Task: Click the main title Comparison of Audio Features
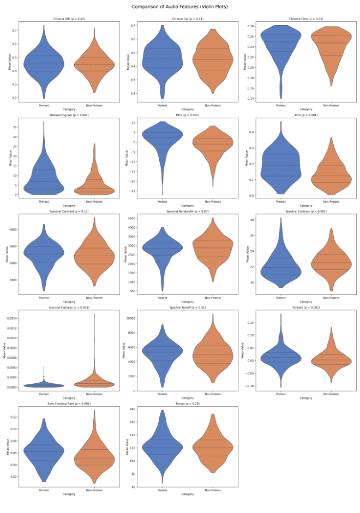tap(180, 7)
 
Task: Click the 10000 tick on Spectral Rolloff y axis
tap(131, 318)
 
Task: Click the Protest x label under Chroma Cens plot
tap(281, 105)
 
